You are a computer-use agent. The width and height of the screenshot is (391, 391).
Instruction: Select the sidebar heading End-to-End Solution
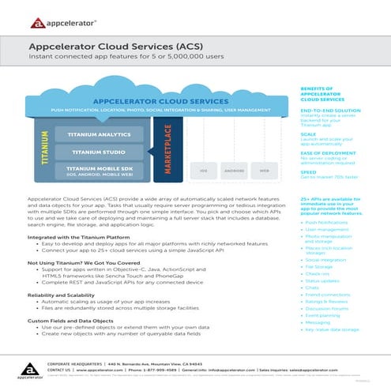[x=324, y=111]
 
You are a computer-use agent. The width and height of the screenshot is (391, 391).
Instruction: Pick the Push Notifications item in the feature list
[x=328, y=223]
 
